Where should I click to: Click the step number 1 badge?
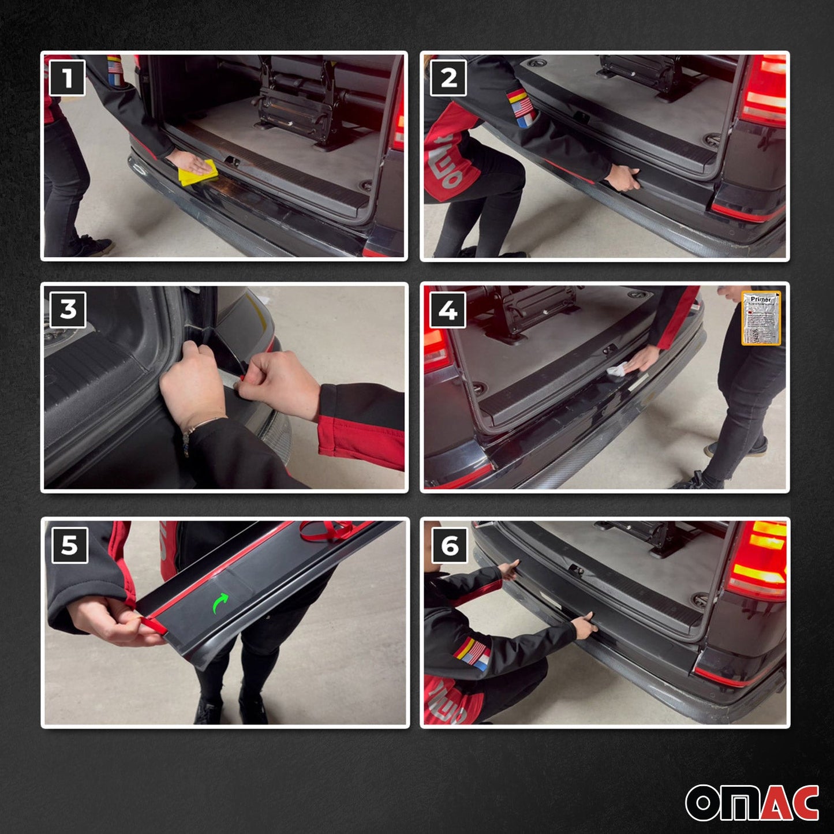(x=67, y=78)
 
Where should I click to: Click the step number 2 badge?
(x=448, y=78)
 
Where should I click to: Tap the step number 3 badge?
(x=68, y=309)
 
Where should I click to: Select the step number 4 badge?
(x=448, y=310)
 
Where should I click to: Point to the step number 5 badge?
(x=69, y=545)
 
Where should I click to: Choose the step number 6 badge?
(x=449, y=545)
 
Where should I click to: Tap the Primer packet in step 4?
(x=761, y=318)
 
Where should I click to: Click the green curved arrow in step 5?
(x=221, y=604)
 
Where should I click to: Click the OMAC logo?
(x=751, y=802)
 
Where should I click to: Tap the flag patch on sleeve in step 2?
(x=521, y=109)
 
